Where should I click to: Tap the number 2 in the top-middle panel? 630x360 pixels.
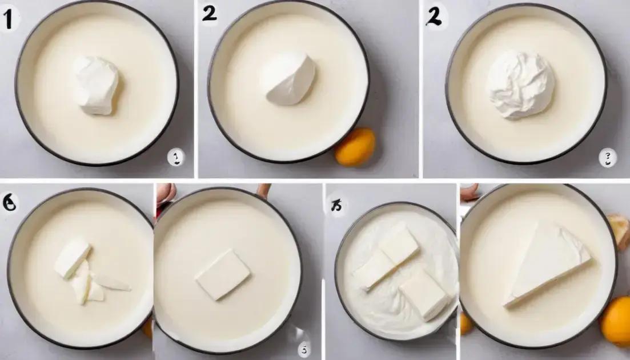(209, 14)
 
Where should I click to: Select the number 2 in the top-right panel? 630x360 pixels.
(434, 17)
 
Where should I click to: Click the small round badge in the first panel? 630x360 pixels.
(176, 157)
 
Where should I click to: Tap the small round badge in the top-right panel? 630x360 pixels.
(607, 157)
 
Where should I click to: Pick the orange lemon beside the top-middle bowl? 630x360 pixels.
(355, 147)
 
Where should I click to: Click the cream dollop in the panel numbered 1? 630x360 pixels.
(96, 85)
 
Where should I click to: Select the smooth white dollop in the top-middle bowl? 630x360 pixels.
(288, 79)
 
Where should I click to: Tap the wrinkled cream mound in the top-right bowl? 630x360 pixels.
(520, 85)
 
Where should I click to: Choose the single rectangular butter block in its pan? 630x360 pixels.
(223, 274)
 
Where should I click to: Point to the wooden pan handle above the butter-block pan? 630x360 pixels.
(263, 190)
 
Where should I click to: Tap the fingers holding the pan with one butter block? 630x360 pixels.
(165, 195)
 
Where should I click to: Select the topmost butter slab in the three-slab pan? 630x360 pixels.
(398, 243)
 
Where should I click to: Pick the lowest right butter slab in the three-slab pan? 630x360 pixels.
(424, 294)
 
